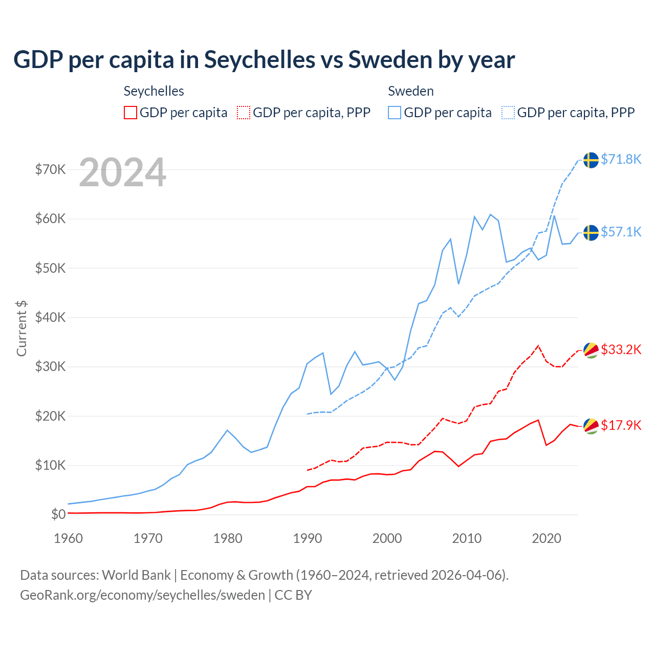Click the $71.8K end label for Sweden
[621, 160]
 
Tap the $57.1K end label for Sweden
[621, 232]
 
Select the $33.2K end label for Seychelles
[621, 350]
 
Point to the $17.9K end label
[621, 426]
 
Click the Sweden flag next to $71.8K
[591, 160]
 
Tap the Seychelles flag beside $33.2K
[591, 350]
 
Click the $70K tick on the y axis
[50, 169]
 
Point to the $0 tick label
[58, 514]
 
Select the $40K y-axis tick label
[50, 317]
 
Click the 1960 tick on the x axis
[68, 538]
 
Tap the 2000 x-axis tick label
[387, 538]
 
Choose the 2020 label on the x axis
[547, 538]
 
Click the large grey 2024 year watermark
[122, 172]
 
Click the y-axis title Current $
[21, 328]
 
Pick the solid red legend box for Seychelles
[130, 113]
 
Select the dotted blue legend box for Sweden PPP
[508, 113]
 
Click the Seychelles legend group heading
[154, 91]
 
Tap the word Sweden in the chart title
[390, 60]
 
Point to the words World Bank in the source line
[136, 575]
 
